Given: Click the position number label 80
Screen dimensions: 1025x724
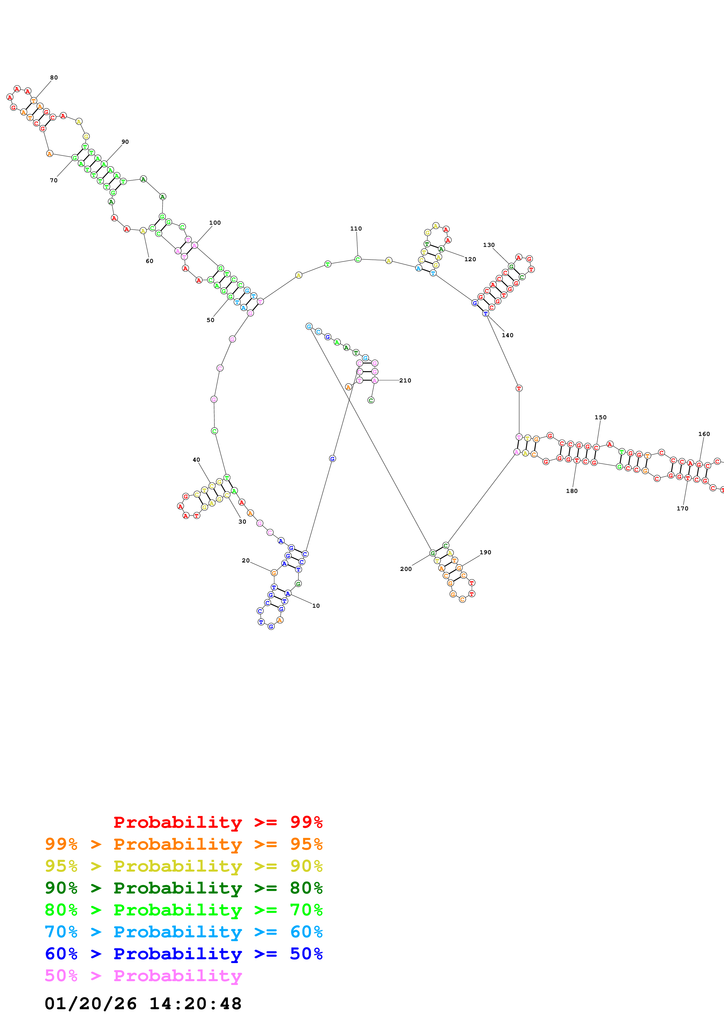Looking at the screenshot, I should [54, 78].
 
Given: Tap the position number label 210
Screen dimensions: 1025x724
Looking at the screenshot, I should [405, 381].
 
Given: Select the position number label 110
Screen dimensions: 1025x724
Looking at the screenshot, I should [356, 228].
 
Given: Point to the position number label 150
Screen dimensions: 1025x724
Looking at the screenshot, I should [600, 418].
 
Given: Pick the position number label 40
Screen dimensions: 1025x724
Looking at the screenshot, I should [196, 460].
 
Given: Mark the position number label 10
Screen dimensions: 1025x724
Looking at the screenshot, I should [316, 606].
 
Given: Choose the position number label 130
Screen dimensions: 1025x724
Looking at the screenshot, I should [489, 245].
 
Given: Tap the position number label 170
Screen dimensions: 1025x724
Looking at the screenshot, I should [683, 508].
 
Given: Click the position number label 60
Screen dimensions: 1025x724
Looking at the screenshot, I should [150, 261].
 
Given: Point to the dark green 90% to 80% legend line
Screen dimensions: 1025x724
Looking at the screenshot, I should [184, 888].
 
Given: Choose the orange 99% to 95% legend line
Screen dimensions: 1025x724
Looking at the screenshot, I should [184, 844].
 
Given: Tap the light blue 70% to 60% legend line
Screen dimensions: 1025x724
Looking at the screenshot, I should [184, 932].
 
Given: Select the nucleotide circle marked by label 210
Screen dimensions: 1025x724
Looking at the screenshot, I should [375, 380].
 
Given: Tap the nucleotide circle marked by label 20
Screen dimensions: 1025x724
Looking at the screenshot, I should [274, 573].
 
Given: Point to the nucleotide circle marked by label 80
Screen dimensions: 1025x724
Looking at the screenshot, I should [34, 101].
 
